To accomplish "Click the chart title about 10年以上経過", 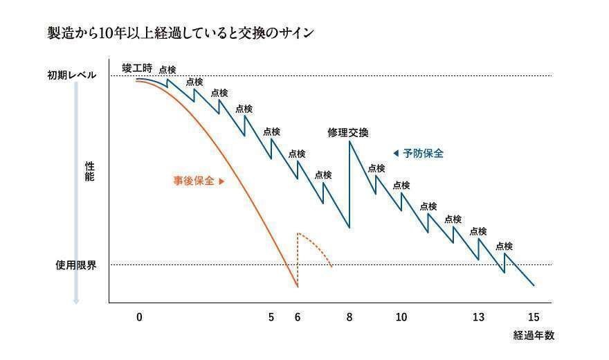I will [x=176, y=33].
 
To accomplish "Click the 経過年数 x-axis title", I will [x=534, y=335].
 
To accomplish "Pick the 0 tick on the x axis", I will [x=139, y=317].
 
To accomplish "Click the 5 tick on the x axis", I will [x=271, y=317].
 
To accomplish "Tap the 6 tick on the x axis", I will [x=298, y=317].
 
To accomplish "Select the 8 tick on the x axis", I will [x=349, y=317].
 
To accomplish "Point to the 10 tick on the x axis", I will [x=401, y=317].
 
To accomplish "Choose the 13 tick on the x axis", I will [x=478, y=317].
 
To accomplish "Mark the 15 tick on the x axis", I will [x=533, y=317].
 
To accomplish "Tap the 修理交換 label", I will [x=348, y=132].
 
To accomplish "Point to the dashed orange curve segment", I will [x=317, y=246].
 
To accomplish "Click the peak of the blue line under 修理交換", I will [x=349, y=143].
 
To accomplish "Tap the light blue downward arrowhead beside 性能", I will [x=76, y=300].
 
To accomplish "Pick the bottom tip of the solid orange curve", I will [x=298, y=287].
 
